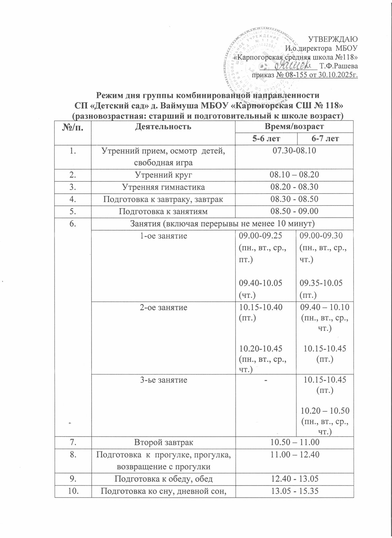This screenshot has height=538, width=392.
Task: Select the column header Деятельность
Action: point(163,127)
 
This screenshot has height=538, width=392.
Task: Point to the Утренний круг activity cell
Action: point(163,175)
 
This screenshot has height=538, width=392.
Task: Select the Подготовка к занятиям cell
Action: point(163,212)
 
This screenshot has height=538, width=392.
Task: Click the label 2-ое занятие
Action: point(163,307)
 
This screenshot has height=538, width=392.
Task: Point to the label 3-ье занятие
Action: point(163,380)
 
